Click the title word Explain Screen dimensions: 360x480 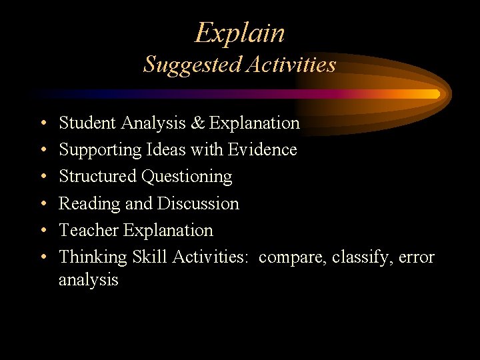(x=240, y=33)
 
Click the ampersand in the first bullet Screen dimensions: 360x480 (x=199, y=123)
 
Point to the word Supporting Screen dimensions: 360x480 (x=99, y=150)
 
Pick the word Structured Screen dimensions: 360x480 (x=97, y=177)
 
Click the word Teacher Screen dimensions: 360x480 (x=83, y=230)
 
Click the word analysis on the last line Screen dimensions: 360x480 (x=88, y=280)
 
